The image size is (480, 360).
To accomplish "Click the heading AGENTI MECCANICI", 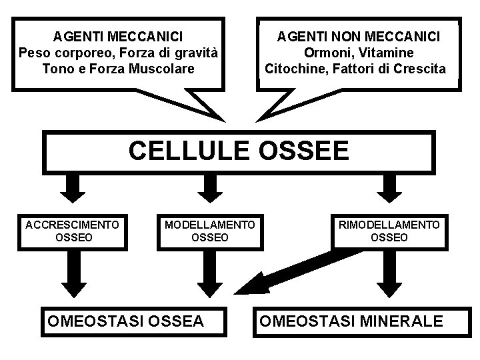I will coord(118,35).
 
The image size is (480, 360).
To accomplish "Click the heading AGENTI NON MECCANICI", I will coord(359,35).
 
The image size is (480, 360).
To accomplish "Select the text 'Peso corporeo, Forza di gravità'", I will coord(119,51).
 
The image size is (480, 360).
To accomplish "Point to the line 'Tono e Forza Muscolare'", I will coord(119,68).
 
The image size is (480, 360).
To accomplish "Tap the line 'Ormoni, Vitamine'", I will coord(359,51).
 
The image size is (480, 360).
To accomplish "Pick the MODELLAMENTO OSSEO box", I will coord(209,231).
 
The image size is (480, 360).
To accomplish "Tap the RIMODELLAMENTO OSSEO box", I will coord(389,231).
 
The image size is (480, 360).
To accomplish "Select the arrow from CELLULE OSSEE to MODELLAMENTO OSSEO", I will coord(209,188).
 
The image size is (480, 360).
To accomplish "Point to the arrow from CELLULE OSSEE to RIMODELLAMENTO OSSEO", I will coord(389,188).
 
